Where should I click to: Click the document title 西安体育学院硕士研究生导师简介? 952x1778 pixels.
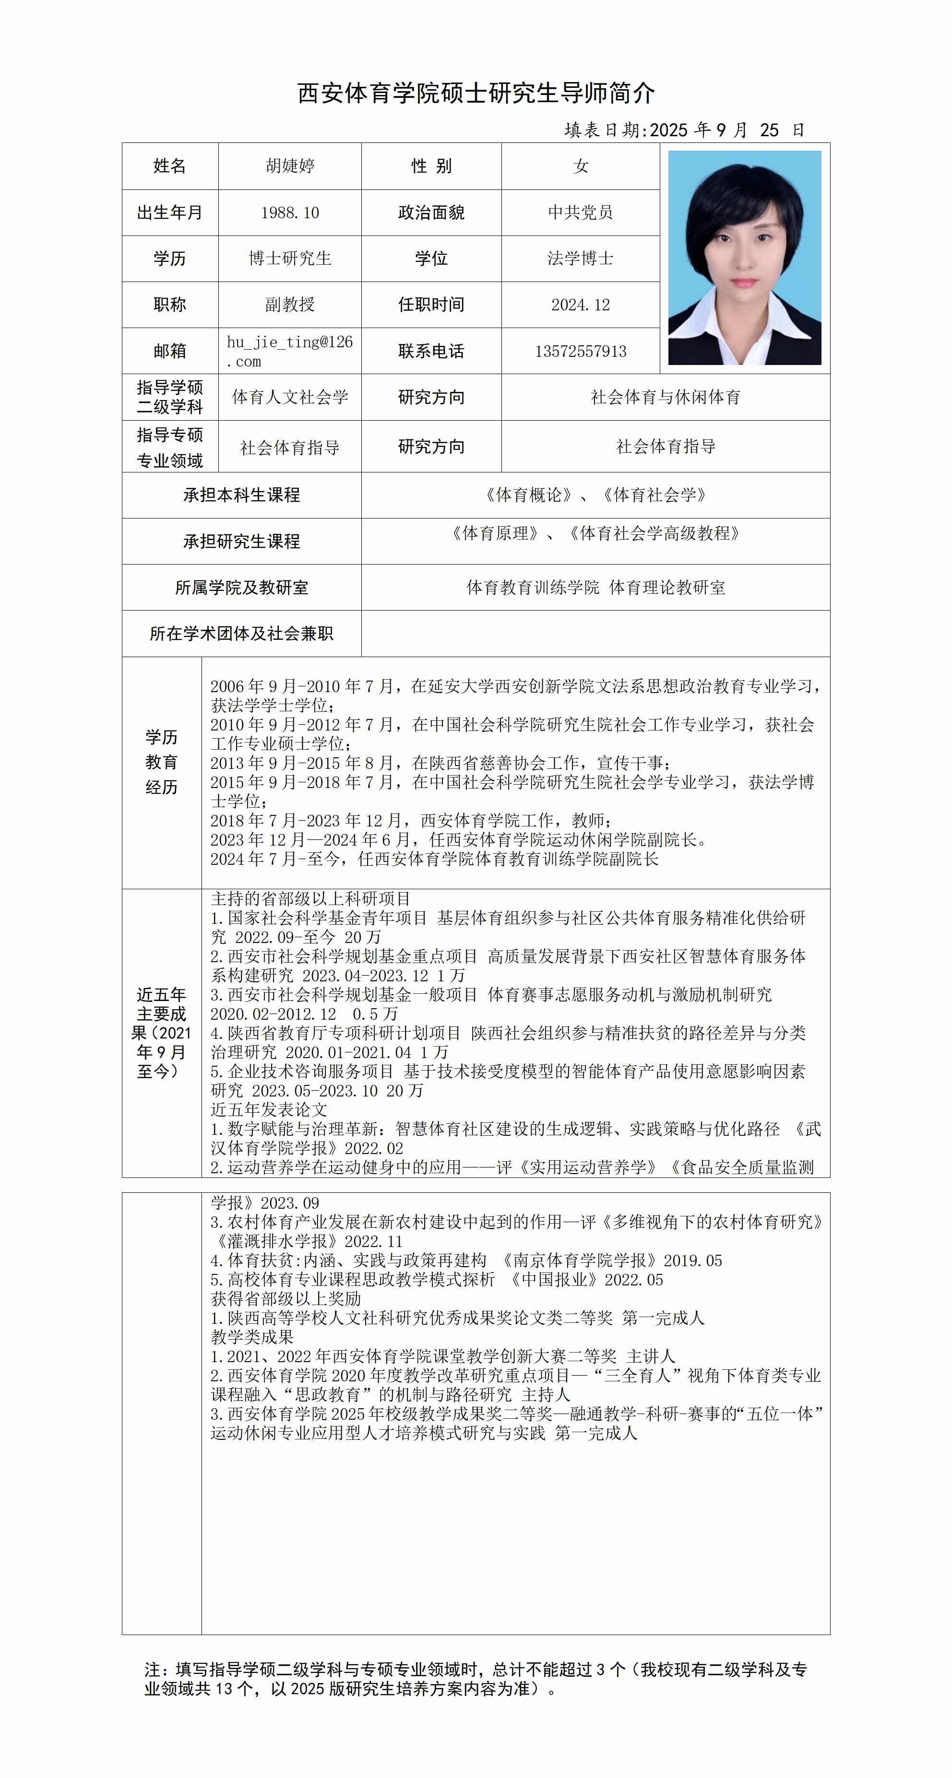(x=476, y=93)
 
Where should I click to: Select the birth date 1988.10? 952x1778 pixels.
(x=290, y=212)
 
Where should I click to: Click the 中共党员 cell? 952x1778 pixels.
(x=580, y=212)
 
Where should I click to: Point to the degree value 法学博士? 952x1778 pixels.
(x=580, y=259)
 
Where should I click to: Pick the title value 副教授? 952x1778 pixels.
(x=290, y=305)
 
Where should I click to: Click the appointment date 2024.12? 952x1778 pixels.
(x=580, y=305)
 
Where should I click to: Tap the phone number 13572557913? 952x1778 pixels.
(x=580, y=351)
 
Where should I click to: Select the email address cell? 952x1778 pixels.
(x=290, y=351)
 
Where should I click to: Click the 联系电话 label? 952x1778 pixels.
(x=431, y=351)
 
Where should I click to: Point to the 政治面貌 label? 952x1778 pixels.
(x=431, y=212)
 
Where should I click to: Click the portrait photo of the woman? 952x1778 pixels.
(x=744, y=258)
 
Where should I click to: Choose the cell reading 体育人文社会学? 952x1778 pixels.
(x=290, y=397)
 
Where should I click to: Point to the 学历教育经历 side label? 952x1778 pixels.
(x=162, y=762)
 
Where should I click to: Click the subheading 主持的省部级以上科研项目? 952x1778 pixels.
(x=310, y=899)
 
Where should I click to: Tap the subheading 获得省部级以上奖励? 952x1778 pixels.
(x=286, y=1298)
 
